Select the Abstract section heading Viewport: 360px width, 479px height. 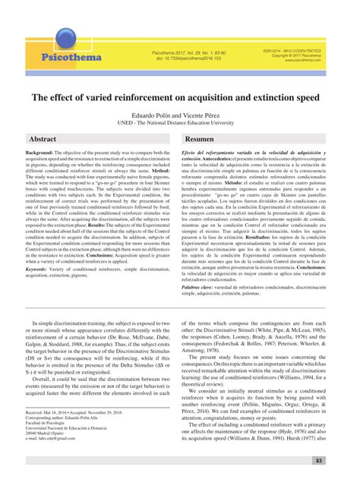pos(43,140)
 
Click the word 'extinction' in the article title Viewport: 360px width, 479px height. pos(276,98)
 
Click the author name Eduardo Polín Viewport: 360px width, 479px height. pos(151,113)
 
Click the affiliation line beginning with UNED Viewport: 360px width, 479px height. pos(179,121)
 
